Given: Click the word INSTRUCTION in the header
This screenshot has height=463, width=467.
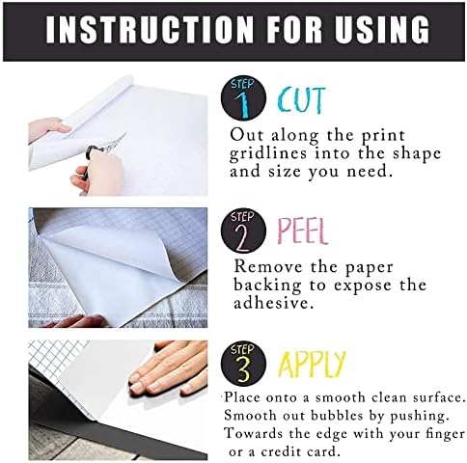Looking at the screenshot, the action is [x=149, y=30].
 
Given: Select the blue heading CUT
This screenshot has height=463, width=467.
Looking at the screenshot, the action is [x=301, y=100].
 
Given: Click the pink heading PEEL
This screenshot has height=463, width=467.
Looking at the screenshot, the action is [x=302, y=231].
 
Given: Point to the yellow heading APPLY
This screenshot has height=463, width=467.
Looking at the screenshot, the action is [x=312, y=364].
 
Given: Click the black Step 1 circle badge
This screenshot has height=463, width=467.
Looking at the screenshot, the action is [x=244, y=98].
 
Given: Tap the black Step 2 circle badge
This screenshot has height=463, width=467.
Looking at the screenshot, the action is [x=244, y=231].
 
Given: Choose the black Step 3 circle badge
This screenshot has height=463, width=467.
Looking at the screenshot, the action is [x=244, y=364].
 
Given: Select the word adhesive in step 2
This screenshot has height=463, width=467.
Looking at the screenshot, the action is [x=273, y=303].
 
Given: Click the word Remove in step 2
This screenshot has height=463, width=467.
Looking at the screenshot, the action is [x=268, y=266].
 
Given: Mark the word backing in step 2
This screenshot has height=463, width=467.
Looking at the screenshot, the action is [x=267, y=286].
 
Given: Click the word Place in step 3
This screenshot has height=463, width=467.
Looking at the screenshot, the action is [x=242, y=397].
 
